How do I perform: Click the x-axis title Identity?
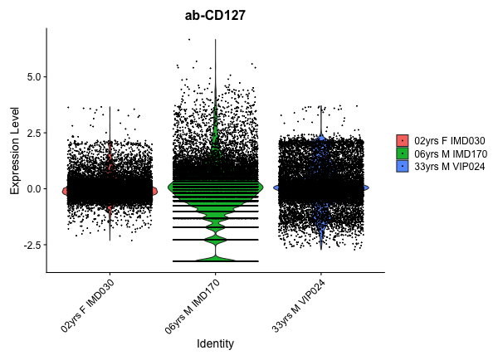215,343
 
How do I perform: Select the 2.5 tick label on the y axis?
32,133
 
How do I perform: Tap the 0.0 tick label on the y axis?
32,189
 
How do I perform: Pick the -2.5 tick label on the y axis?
30,246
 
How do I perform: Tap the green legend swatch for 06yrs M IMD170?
403,153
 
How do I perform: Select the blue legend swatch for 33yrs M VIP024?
403,166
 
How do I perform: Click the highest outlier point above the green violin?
189,39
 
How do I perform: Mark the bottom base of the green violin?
215,261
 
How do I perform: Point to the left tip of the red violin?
62,191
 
